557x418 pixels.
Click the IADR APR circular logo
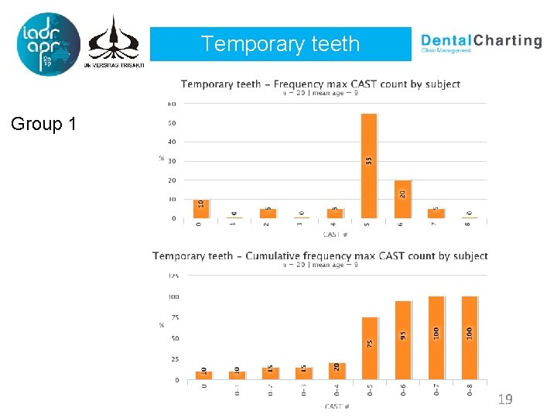[x=48, y=44]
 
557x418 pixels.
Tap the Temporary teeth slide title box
[x=280, y=44]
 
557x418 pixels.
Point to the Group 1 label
[x=43, y=123]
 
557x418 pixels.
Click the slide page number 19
[x=505, y=399]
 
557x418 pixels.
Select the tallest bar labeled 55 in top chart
[x=369, y=166]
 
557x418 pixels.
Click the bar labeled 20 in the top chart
[x=402, y=199]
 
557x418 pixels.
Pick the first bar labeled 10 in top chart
[x=201, y=208]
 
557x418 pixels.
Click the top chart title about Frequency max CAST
[x=320, y=84]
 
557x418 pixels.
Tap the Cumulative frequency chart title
[x=320, y=255]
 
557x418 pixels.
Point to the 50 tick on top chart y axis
[x=172, y=123]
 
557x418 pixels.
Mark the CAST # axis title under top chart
[x=335, y=234]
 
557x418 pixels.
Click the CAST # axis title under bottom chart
[x=337, y=406]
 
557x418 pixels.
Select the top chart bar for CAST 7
[x=436, y=214]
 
